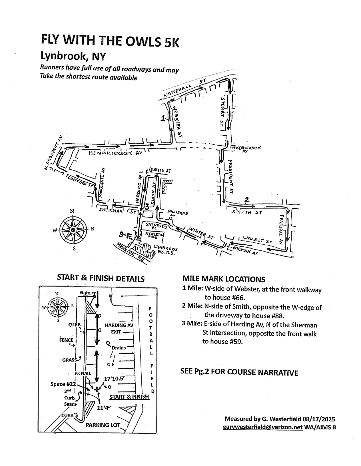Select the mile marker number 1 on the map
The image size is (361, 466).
[163, 118]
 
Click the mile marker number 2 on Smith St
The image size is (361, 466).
[247, 199]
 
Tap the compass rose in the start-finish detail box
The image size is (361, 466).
[57, 307]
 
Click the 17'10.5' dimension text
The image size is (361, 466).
[115, 379]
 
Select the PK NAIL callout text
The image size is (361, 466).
[83, 373]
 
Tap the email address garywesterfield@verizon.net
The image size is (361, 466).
[263, 427]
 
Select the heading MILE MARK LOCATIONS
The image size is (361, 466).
[224, 279]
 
